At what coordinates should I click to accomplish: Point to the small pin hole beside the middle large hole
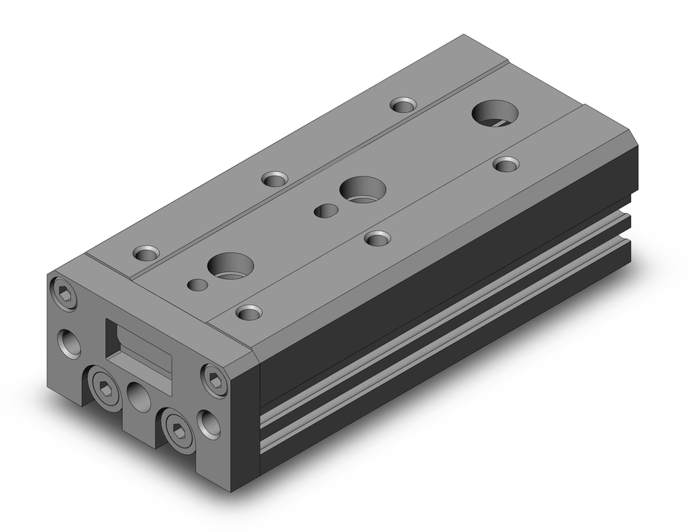point(325,210)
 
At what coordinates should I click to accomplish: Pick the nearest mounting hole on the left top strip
point(147,252)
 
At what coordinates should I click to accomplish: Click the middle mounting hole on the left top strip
point(275,179)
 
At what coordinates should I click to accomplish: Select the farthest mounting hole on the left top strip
point(403,105)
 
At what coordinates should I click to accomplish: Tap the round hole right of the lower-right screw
point(208,422)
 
